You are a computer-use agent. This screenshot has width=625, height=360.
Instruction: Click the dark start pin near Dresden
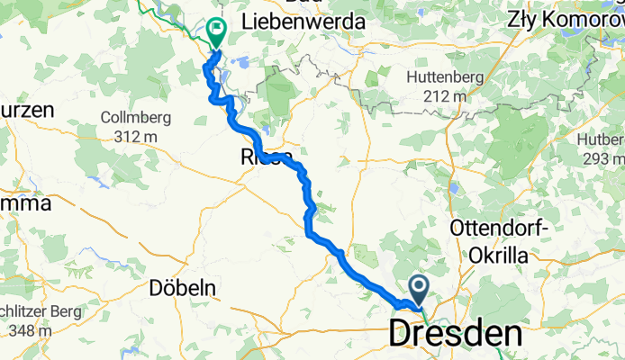[x=420, y=289]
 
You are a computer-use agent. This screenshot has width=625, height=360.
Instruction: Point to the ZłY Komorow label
[x=566, y=18]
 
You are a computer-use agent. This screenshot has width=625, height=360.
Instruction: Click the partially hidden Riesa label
[x=263, y=158]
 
